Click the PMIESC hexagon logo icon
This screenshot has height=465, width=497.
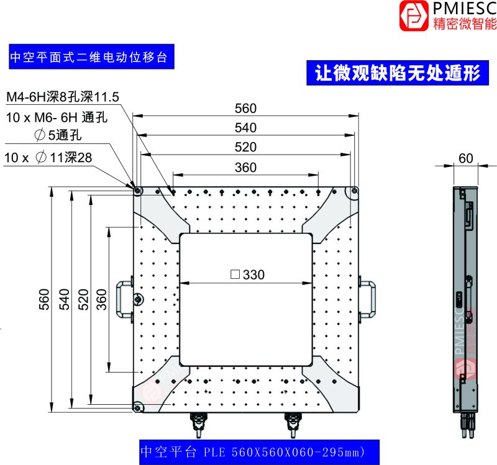(414, 16)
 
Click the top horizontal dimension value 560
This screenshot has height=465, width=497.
(245, 109)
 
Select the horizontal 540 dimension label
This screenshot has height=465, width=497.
(245, 128)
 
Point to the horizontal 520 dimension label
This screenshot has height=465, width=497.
(245, 147)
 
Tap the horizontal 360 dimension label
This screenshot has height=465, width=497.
(245, 168)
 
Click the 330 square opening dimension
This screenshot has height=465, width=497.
(247, 274)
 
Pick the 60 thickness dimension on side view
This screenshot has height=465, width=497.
(465, 158)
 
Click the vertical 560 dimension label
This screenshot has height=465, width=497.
(44, 299)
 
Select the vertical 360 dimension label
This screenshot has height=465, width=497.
(102, 299)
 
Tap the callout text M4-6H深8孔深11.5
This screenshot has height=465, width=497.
(63, 97)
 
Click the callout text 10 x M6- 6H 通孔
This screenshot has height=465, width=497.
(57, 117)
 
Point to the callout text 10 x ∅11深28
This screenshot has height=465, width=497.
(48, 158)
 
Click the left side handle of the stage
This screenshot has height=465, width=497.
(124, 299)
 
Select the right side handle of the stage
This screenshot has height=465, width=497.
(368, 299)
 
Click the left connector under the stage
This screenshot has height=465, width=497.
(198, 425)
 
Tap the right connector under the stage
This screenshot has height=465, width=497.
(293, 425)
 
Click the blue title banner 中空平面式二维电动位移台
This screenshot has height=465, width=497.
(91, 56)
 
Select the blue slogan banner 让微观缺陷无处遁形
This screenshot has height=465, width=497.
(398, 73)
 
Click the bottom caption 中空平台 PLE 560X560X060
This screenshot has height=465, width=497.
(259, 452)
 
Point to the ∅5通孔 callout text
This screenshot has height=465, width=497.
(58, 135)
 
